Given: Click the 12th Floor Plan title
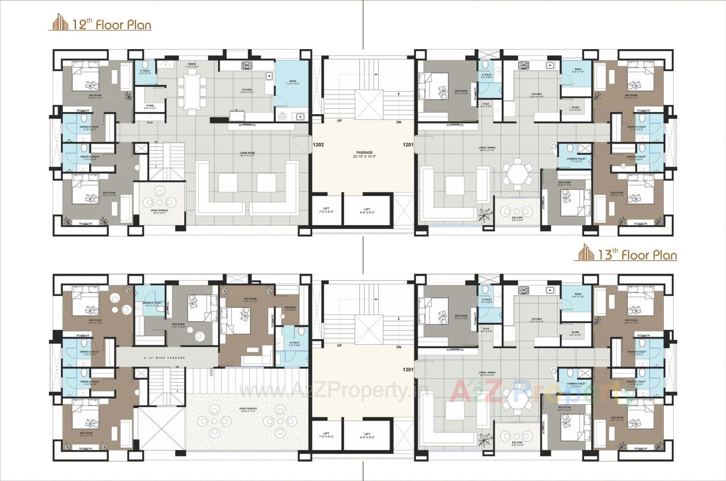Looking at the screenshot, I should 111,25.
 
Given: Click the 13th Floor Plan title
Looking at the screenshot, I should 637,255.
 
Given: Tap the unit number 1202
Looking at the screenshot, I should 318,144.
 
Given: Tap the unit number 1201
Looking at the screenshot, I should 408,144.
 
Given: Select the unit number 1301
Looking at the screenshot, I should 408,370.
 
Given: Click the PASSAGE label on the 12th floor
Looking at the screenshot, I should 365,153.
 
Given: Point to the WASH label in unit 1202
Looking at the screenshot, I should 292,81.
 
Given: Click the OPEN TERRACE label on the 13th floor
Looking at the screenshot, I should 248,409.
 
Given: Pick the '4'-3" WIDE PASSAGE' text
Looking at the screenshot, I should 164,358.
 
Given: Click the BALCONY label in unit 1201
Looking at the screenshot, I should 517,218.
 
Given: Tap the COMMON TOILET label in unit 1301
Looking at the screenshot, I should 576,384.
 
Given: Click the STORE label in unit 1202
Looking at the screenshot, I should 150,106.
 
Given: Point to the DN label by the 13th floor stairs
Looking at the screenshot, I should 399,347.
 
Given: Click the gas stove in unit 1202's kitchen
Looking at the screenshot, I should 247,66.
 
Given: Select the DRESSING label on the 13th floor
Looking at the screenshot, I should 290,307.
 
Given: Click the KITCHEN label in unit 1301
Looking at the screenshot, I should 536,319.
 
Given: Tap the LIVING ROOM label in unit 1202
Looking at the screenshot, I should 247,153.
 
